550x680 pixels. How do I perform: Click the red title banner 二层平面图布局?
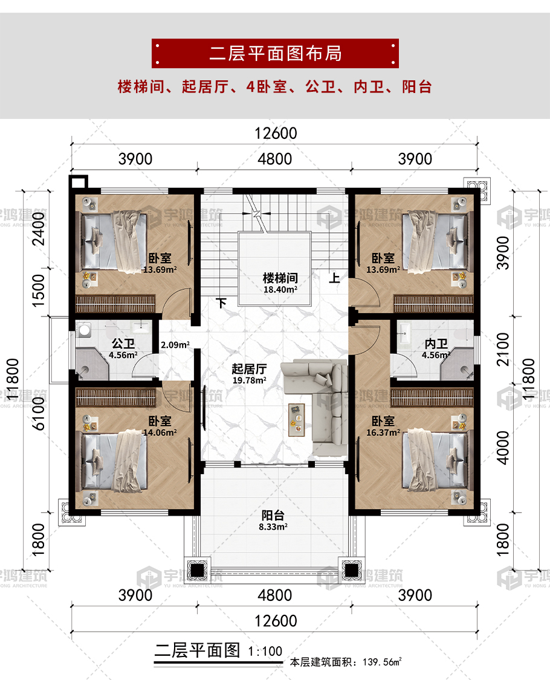(275, 53)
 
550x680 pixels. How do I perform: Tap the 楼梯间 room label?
(280, 278)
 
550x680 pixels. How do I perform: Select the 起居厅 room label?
(249, 368)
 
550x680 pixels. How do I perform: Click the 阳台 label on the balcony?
(273, 515)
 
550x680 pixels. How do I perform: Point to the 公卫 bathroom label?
(123, 344)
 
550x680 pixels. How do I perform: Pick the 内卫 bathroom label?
(436, 344)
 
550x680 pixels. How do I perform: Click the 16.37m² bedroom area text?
(383, 432)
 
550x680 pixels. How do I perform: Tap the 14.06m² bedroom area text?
(160, 432)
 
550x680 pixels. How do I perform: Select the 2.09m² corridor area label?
(175, 345)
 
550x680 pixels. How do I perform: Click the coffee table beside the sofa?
(297, 420)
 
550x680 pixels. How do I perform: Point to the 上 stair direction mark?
(334, 278)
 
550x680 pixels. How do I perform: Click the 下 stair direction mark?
(221, 303)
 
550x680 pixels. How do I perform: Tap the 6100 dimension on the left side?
(39, 413)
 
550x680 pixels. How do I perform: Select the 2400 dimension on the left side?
(39, 229)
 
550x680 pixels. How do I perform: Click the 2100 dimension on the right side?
(502, 349)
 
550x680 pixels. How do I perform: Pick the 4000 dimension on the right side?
(502, 447)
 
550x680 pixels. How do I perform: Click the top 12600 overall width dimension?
(276, 133)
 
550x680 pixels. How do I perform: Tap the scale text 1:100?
(265, 651)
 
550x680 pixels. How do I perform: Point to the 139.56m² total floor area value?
(382, 662)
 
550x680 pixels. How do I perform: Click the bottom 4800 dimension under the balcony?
(275, 595)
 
